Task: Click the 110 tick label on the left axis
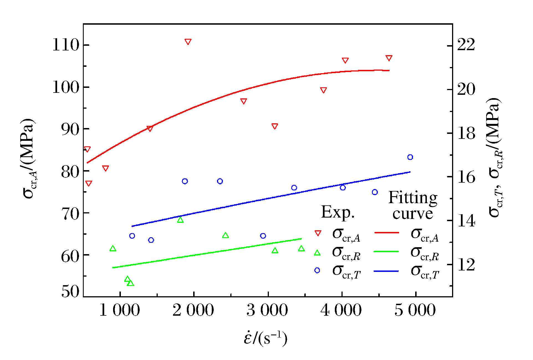click(x=66, y=45)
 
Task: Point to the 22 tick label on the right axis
click(x=466, y=45)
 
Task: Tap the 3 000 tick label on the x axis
click(x=267, y=310)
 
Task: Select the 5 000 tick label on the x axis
click(x=415, y=310)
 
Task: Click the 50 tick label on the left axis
click(x=70, y=292)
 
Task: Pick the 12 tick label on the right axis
click(x=466, y=265)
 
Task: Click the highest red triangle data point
click(x=188, y=42)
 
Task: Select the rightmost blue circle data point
click(x=410, y=157)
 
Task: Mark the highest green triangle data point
click(x=180, y=220)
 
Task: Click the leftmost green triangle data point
click(x=113, y=249)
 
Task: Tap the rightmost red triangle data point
click(x=389, y=58)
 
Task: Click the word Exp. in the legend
click(x=338, y=213)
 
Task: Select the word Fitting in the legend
click(x=413, y=198)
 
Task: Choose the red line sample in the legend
click(x=387, y=233)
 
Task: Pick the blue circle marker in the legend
click(x=317, y=270)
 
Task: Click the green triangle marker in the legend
click(x=317, y=252)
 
